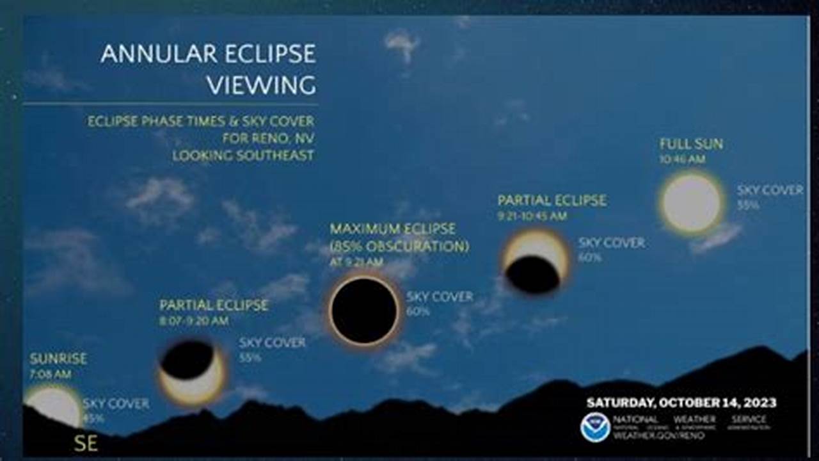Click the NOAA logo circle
point(594,427)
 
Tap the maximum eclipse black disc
point(365,311)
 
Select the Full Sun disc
point(691,203)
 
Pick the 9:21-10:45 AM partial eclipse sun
point(535,262)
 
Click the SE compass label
point(86,444)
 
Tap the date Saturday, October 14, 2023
point(681,403)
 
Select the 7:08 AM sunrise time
point(51,374)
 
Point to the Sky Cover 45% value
point(93,419)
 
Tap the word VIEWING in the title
point(261,85)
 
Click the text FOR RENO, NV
point(268,138)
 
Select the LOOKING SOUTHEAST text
point(243,155)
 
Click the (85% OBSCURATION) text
point(399,246)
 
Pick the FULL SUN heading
point(691,144)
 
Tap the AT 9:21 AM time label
point(356,262)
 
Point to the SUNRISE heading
point(58,359)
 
